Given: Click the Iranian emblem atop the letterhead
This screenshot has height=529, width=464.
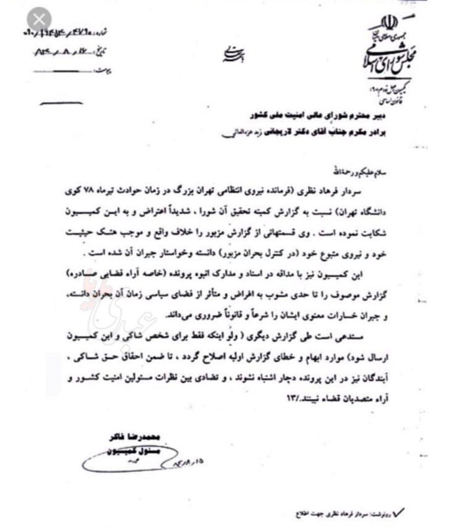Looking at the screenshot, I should (x=387, y=22).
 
